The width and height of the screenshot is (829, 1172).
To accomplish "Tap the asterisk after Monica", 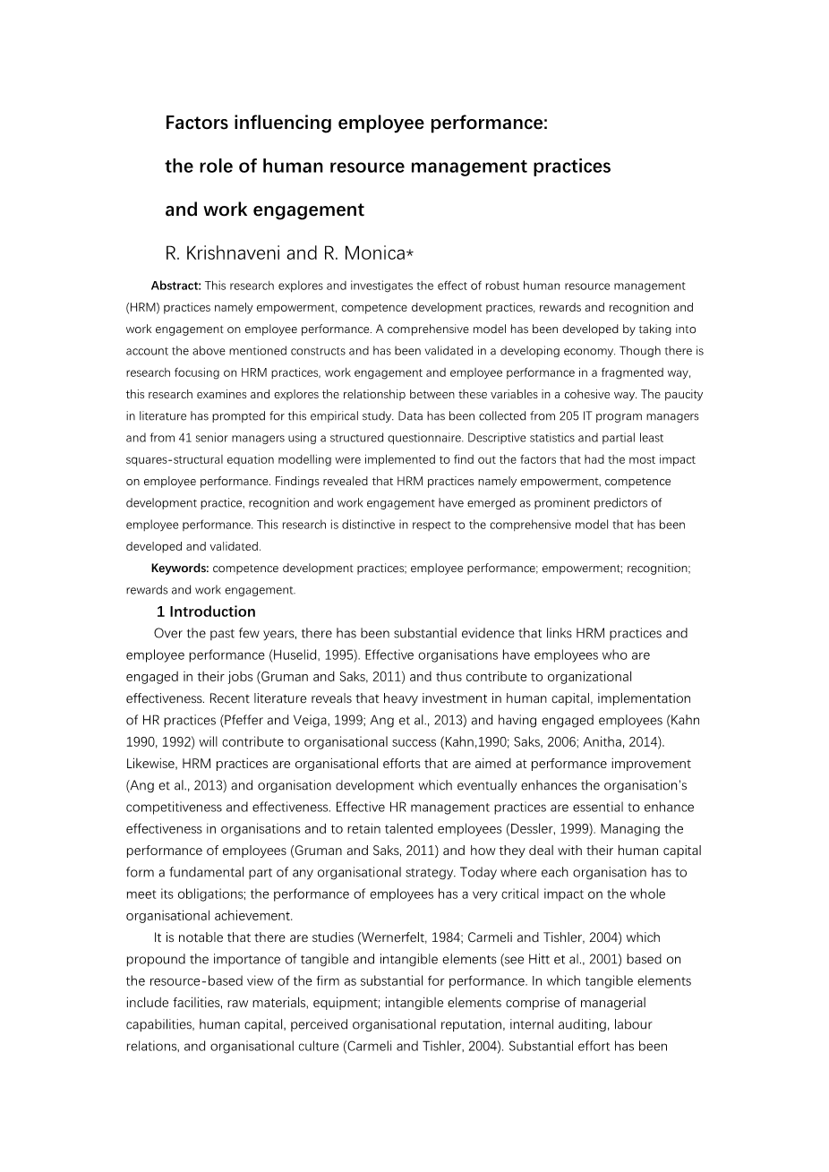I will tap(410, 254).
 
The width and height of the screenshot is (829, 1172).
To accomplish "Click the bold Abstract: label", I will tap(176, 287).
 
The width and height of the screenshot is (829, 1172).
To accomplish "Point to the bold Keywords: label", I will tap(180, 568).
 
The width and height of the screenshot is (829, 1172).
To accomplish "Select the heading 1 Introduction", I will tap(206, 612).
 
